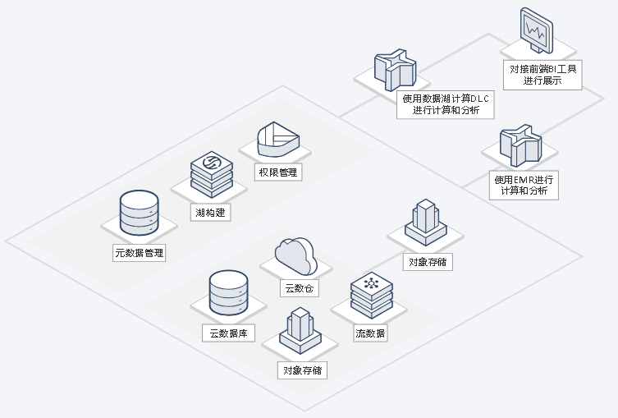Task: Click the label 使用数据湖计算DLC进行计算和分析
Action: (445, 104)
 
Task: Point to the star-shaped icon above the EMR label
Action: (520, 145)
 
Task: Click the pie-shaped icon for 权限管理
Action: (277, 139)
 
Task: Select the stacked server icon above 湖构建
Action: (211, 172)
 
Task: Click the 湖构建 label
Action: (211, 213)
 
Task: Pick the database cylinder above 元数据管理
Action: (139, 212)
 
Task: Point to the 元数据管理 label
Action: (140, 253)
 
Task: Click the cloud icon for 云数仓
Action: (296, 255)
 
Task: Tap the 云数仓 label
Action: (300, 288)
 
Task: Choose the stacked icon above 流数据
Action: (371, 296)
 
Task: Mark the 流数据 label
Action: (371, 333)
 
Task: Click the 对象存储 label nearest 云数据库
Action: (302, 370)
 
